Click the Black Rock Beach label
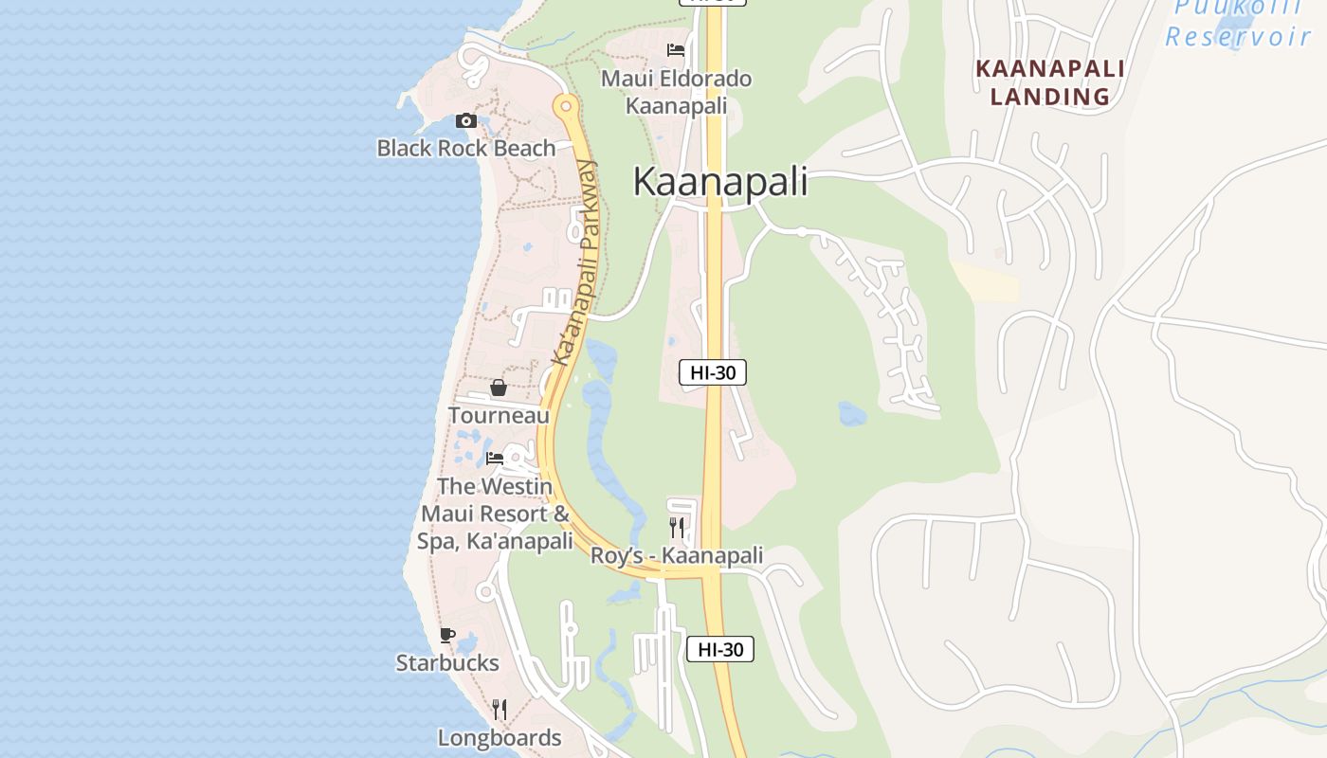(x=465, y=149)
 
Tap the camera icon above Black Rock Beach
(x=465, y=120)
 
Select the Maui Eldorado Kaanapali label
(x=677, y=92)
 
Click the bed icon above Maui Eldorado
(x=675, y=50)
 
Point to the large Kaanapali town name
(x=720, y=182)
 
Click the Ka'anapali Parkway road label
(x=576, y=263)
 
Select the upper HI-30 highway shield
(x=713, y=372)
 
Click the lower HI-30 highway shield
(x=720, y=649)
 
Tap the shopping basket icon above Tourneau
(x=498, y=388)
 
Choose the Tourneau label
(x=499, y=416)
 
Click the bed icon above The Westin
(x=495, y=459)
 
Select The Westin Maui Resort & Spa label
(x=495, y=514)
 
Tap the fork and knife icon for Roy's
(x=676, y=527)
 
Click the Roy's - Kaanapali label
(x=677, y=556)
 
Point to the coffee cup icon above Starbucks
(x=446, y=635)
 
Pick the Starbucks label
(x=447, y=663)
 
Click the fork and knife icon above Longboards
(x=499, y=709)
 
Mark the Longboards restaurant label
(x=499, y=737)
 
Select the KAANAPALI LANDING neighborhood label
(x=1050, y=82)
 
